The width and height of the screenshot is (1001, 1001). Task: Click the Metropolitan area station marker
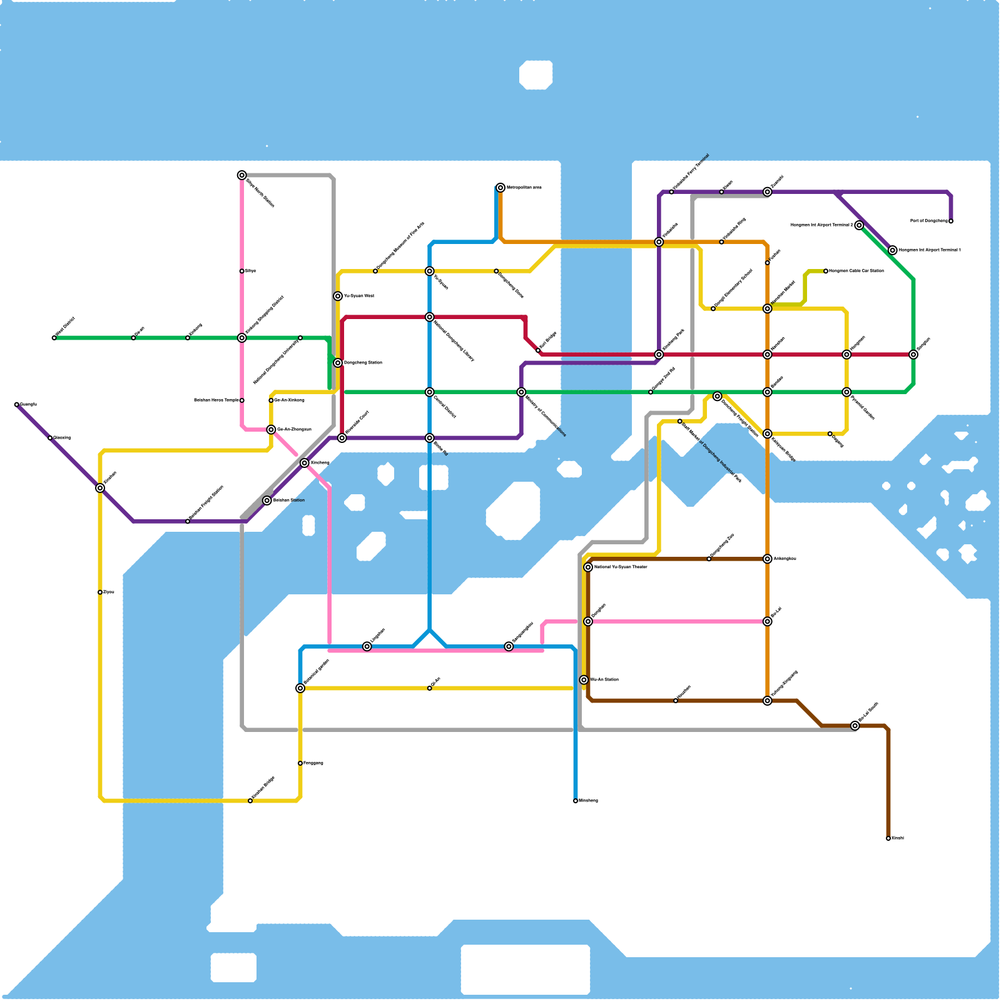coord(500,188)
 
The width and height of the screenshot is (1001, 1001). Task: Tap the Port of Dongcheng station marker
coord(951,221)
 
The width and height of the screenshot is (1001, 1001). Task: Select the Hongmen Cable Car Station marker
coord(826,271)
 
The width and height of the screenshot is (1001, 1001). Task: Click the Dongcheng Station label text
coord(363,363)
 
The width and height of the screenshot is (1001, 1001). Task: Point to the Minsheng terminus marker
coord(576,801)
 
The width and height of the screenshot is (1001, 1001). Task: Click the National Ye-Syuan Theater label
coord(621,567)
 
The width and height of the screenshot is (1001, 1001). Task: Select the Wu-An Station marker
coord(584,680)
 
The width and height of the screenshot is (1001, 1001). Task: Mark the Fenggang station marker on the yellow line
coord(300,763)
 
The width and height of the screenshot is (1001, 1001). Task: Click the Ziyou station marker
coord(100,592)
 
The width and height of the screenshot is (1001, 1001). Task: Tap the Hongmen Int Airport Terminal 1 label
coord(930,250)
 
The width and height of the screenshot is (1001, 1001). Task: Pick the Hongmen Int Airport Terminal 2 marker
coord(859,225)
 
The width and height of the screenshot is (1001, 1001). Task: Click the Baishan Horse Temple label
coord(216,400)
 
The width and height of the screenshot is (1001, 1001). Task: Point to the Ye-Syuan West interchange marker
coord(338,296)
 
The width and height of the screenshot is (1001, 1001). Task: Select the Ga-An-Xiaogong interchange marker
coord(271,430)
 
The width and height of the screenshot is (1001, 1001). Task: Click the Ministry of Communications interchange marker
coord(521,392)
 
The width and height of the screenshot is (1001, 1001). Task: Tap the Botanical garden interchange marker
coord(300,688)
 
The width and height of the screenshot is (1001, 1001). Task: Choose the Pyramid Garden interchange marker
coord(846,392)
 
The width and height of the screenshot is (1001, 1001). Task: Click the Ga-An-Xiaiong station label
coord(290,400)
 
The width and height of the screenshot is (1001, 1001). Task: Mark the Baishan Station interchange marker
coord(267,500)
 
